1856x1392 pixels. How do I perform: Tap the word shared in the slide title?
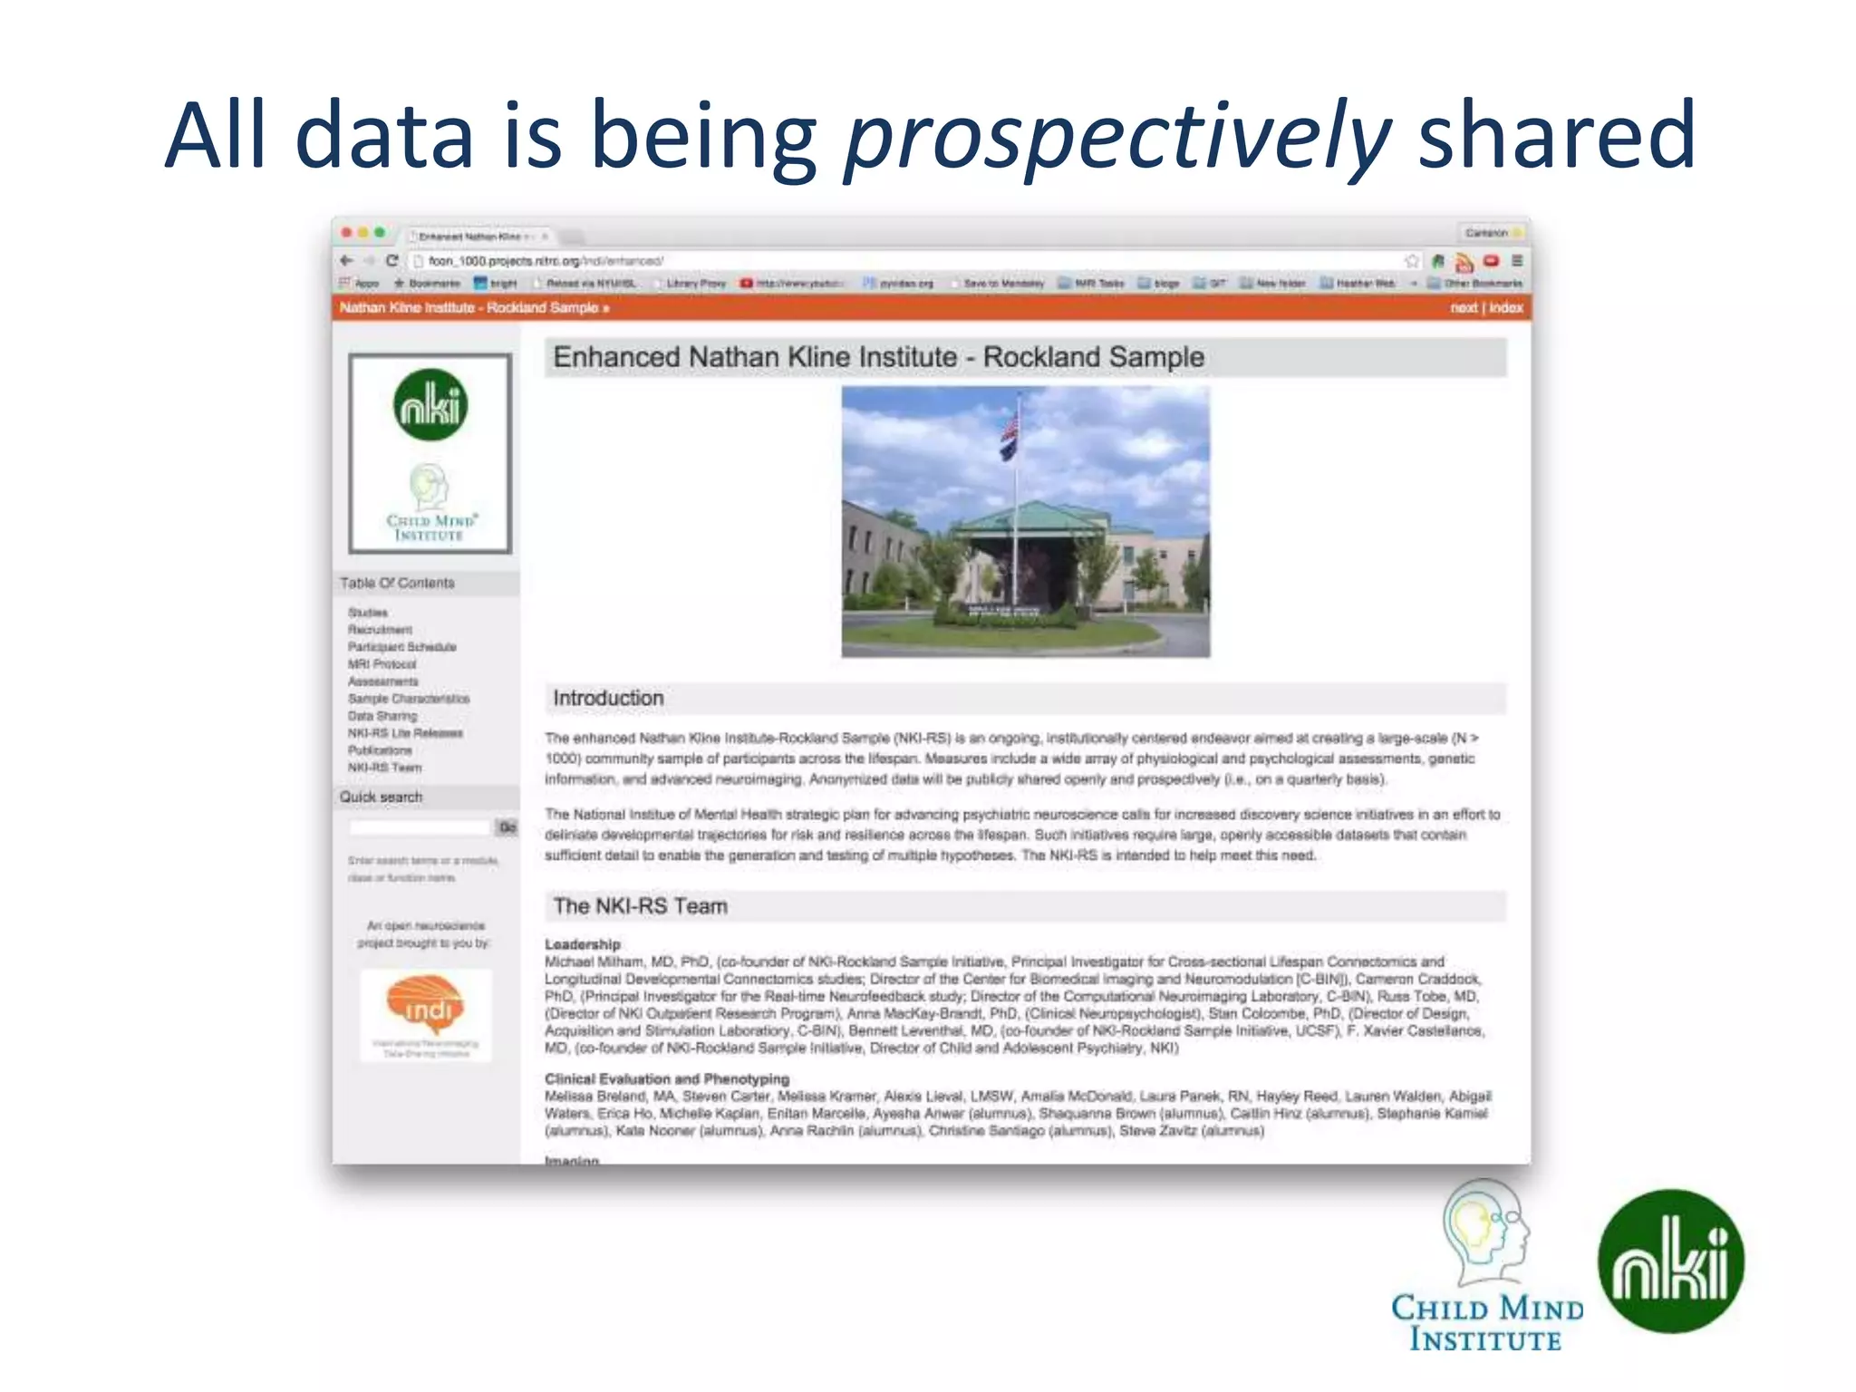point(1555,136)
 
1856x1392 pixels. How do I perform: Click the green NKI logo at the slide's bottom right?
point(1670,1261)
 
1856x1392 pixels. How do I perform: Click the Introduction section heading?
point(608,698)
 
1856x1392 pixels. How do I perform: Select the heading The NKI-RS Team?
point(640,906)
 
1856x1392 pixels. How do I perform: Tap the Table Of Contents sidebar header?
point(397,583)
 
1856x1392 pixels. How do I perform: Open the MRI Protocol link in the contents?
point(382,664)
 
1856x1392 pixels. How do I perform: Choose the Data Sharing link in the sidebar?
point(382,716)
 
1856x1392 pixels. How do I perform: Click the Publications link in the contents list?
point(380,750)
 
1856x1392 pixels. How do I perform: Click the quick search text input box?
point(420,827)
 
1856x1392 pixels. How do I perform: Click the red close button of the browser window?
point(346,233)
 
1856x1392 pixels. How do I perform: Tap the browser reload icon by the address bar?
point(391,261)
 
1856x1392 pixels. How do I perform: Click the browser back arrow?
point(346,261)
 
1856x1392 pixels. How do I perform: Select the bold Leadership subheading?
point(582,944)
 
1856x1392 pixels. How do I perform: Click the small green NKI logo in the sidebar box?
point(430,405)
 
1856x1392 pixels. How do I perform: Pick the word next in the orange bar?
point(1463,308)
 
